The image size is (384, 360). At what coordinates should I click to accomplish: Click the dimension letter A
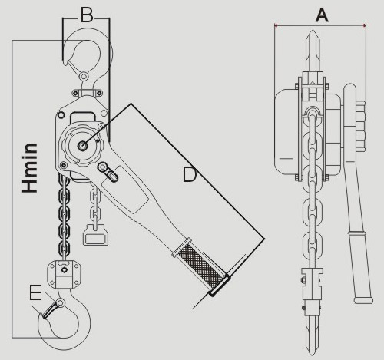pyautogui.click(x=322, y=15)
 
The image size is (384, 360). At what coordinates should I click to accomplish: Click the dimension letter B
pyautogui.click(x=87, y=15)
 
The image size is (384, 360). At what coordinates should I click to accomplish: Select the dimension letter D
pyautogui.click(x=190, y=174)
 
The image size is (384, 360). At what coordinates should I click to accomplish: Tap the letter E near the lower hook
pyautogui.click(x=35, y=292)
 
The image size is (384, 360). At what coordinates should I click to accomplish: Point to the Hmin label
pyautogui.click(x=30, y=168)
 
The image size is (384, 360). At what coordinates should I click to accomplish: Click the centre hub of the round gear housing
pyautogui.click(x=83, y=146)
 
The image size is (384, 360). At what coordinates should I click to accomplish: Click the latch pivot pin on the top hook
pyautogui.click(x=84, y=76)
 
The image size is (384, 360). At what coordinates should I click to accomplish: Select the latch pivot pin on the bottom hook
pyautogui.click(x=61, y=302)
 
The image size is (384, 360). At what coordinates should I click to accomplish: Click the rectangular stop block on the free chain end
pyautogui.click(x=95, y=235)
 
